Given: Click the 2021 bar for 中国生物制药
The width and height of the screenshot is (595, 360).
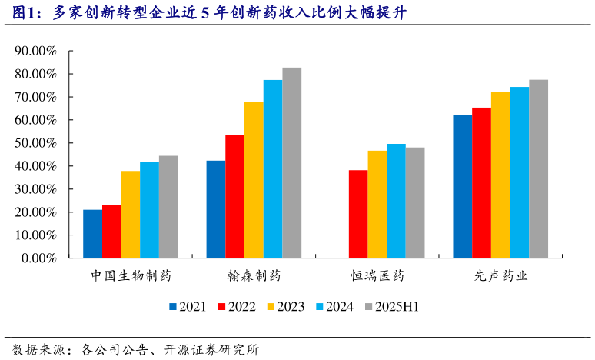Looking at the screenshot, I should pos(92,234).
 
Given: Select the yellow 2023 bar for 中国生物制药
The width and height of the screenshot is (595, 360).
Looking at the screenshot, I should pos(130,215).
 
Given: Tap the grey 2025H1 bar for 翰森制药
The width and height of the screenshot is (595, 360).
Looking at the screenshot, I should pos(291,163).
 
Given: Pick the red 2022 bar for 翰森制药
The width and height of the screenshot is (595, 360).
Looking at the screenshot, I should pos(234,197).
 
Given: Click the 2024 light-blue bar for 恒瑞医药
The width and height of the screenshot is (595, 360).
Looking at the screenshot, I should pos(396,201).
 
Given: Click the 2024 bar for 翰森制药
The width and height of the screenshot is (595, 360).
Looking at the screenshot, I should pos(273,169).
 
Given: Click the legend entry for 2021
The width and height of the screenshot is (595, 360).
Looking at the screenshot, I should pos(187,307).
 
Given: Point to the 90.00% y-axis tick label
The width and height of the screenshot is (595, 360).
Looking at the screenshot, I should pos(35,52).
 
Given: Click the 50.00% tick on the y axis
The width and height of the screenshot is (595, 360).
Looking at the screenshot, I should pos(35,143).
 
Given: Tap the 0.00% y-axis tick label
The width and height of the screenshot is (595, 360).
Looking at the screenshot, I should pos(38,258).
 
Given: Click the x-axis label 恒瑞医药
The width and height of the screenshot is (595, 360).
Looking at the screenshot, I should pos(377,275).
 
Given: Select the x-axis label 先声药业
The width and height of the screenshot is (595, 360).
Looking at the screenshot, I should pos(500,275).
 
